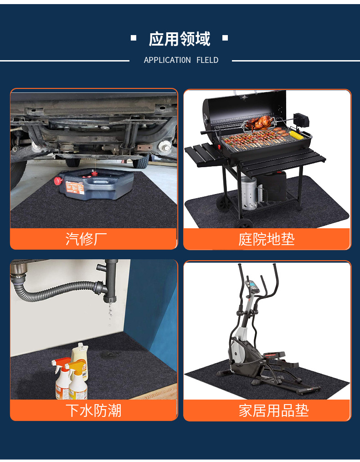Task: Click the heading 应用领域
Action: pos(180,39)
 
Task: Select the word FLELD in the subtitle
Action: pos(207,60)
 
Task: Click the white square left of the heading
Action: pos(134,38)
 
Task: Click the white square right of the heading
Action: pos(225,38)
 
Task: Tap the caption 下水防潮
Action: pos(93,411)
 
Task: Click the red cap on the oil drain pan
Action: pos(58,181)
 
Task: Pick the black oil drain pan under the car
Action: pos(96,185)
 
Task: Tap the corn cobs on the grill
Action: pos(295,135)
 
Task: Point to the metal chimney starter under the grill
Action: pos(248,192)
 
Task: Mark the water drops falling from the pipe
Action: pos(109,314)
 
